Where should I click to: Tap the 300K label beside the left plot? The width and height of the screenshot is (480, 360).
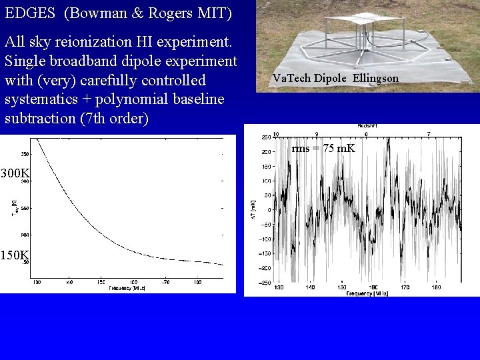pyautogui.click(x=15, y=174)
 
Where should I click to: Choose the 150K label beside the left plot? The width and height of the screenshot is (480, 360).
pyautogui.click(x=15, y=255)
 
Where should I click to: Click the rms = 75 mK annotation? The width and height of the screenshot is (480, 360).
pyautogui.click(x=323, y=148)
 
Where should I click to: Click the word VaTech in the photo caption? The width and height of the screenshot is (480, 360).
pyautogui.click(x=291, y=79)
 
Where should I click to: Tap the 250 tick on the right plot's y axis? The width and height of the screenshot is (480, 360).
pyautogui.click(x=265, y=137)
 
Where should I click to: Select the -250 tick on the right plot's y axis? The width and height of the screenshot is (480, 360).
pyautogui.click(x=264, y=283)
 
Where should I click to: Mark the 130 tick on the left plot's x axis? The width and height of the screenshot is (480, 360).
pyautogui.click(x=37, y=283)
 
